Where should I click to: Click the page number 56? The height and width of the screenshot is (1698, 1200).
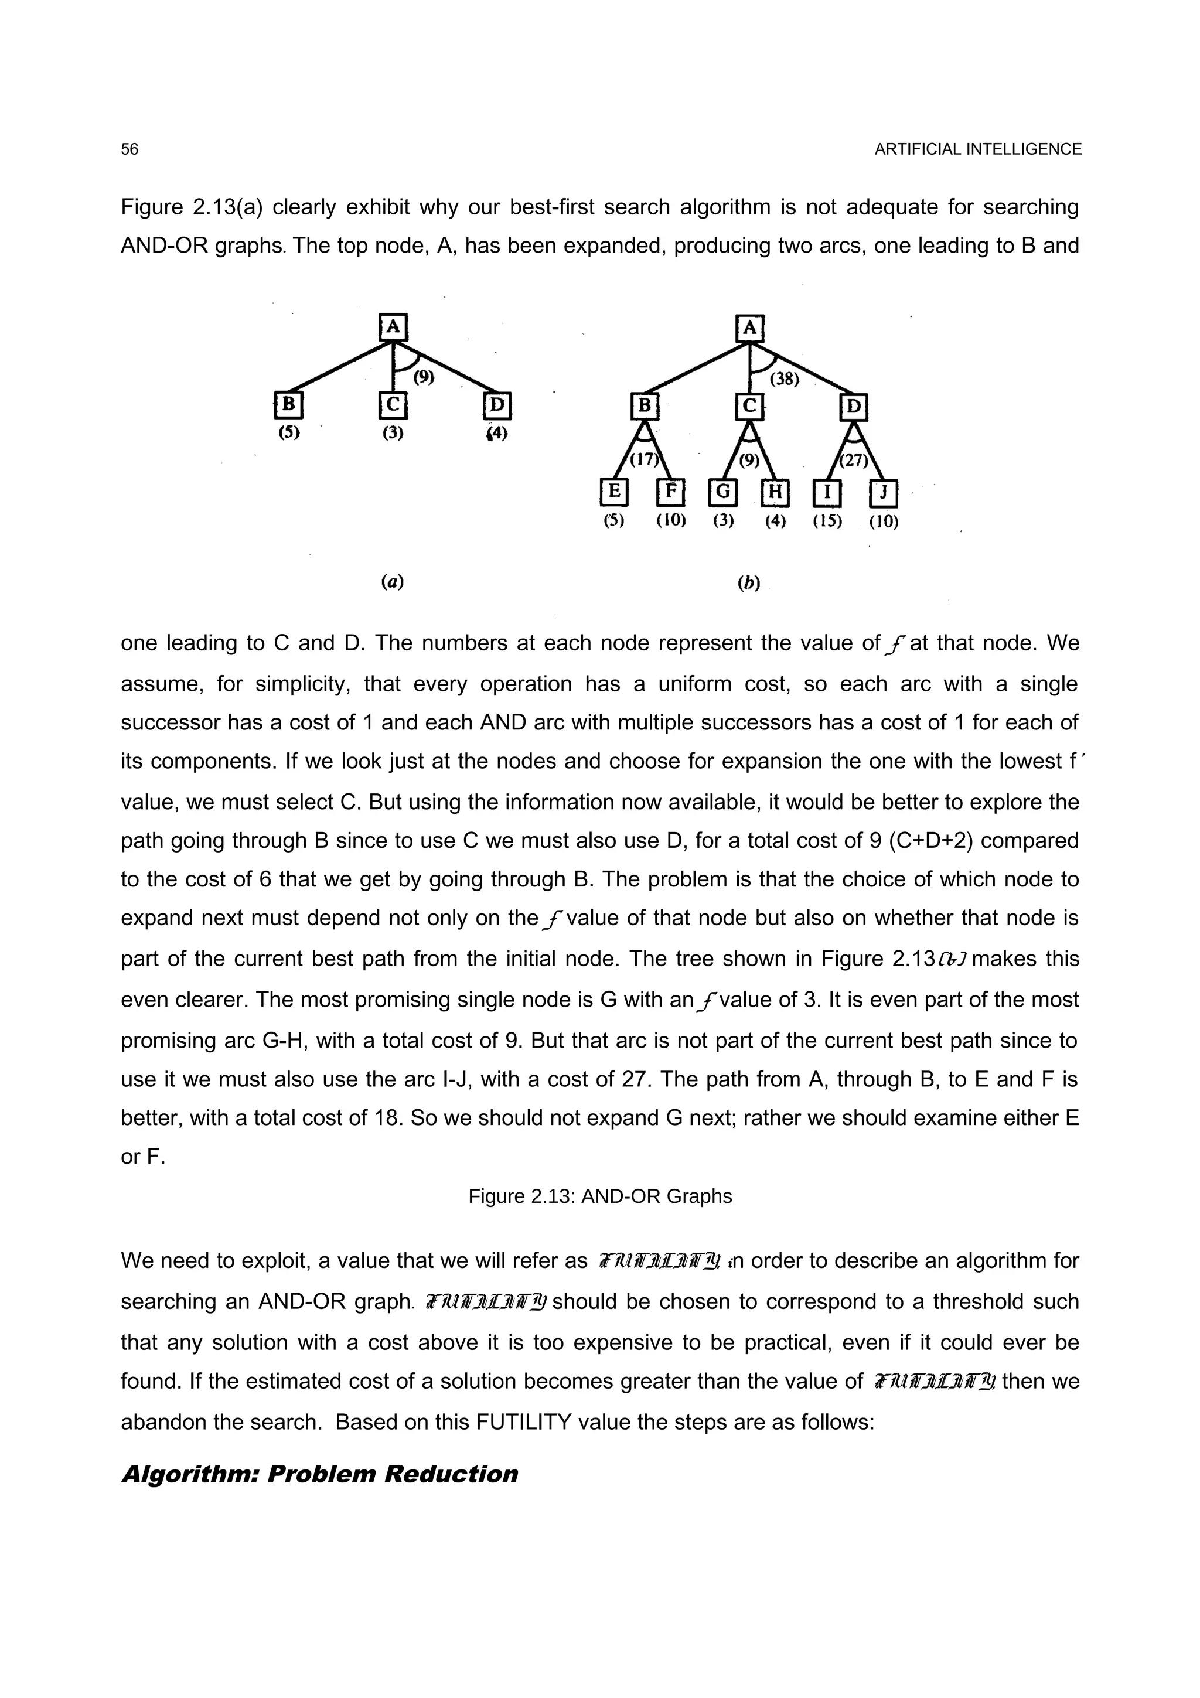(x=129, y=149)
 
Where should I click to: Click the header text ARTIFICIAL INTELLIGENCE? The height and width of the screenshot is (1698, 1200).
(x=977, y=149)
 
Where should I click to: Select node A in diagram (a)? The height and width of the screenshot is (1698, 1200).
(x=393, y=327)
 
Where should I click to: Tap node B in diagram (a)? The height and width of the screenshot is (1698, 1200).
(x=289, y=404)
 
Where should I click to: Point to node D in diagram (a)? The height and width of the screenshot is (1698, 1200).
(x=497, y=405)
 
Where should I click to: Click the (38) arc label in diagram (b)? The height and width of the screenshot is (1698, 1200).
(x=785, y=380)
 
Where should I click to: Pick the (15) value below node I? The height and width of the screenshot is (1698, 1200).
(x=827, y=521)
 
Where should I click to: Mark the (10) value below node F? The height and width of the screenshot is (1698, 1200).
(x=671, y=521)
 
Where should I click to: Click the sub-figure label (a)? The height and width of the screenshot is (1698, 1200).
(x=393, y=582)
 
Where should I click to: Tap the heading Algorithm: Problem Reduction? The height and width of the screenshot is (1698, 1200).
(x=319, y=1474)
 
